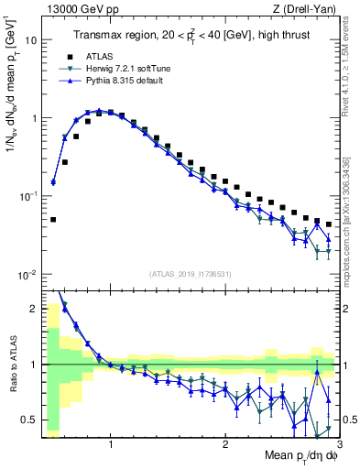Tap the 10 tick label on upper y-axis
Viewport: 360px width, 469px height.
coord(30,40)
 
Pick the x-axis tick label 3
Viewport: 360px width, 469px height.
coord(338,445)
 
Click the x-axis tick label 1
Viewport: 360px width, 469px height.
coord(111,445)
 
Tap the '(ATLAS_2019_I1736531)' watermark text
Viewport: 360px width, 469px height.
coord(190,274)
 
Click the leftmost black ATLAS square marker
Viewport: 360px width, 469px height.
coord(53,220)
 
